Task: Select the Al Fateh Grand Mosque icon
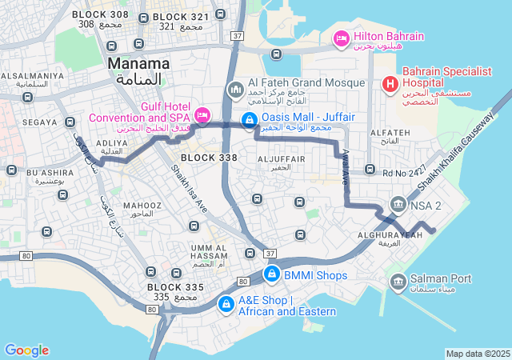[235, 88]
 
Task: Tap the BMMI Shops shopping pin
[271, 275]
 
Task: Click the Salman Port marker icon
[398, 281]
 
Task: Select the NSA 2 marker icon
[398, 206]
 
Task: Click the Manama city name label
[138, 63]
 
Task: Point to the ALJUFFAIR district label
[281, 159]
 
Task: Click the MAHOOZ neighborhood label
[143, 205]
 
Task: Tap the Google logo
[26, 350]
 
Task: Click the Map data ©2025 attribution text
[478, 354]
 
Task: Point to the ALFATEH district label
[391, 132]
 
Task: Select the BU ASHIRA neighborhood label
[49, 172]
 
